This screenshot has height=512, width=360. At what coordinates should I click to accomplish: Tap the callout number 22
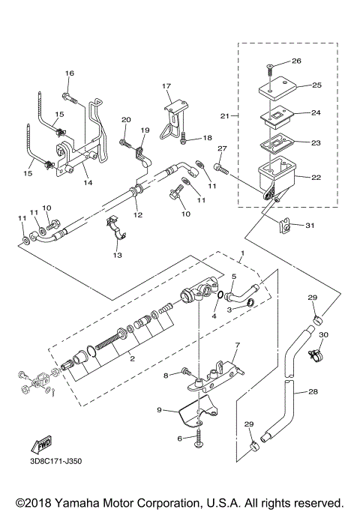pyautogui.click(x=316, y=177)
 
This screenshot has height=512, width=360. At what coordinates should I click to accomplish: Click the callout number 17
pyautogui.click(x=166, y=86)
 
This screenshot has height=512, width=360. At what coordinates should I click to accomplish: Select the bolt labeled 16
pyautogui.click(x=68, y=97)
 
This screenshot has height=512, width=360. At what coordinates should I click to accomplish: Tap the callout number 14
pyautogui.click(x=88, y=182)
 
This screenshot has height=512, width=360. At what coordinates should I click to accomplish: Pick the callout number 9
pyautogui.click(x=160, y=410)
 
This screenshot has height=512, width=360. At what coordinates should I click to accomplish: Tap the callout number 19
pyautogui.click(x=145, y=130)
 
